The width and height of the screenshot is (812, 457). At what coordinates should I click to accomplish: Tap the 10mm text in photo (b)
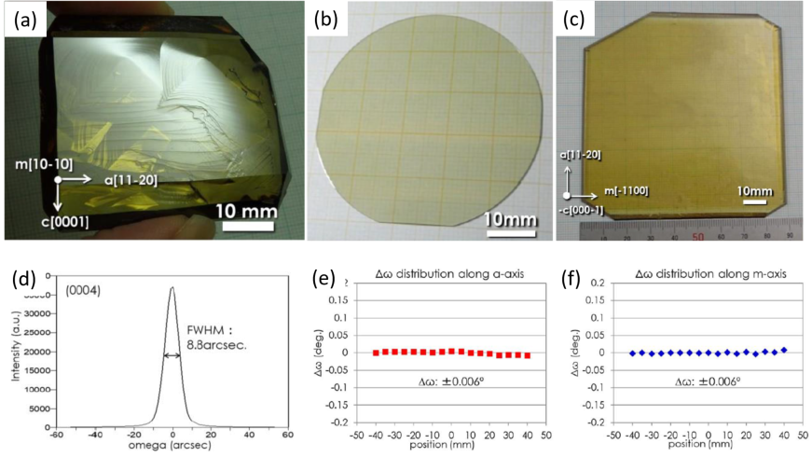click(x=510, y=220)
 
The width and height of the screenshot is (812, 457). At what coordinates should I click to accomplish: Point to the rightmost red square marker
click(x=529, y=355)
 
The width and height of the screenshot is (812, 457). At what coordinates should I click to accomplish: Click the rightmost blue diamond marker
click(x=784, y=350)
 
